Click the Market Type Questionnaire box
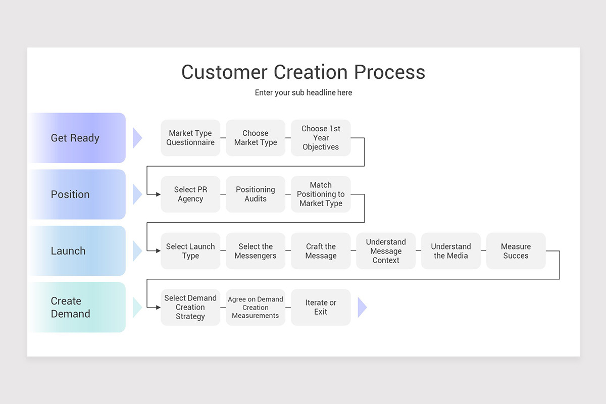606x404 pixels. tap(190, 138)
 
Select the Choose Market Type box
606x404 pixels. tap(256, 138)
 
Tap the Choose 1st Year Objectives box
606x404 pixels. tap(321, 138)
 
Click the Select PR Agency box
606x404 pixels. tap(190, 194)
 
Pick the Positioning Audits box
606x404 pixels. tap(256, 194)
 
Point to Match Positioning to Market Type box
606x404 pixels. tap(321, 194)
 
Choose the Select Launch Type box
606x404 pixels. tap(190, 251)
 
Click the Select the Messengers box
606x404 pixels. tap(256, 251)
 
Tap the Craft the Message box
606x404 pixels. tap(321, 251)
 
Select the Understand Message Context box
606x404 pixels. tap(386, 251)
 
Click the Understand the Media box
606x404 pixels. tap(450, 251)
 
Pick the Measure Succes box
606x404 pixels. tap(516, 251)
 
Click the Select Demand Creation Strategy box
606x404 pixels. tap(190, 307)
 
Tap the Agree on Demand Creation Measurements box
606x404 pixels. tap(256, 307)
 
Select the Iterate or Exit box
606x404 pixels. tap(321, 307)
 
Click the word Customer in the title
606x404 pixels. tap(225, 72)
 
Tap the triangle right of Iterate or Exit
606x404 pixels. tap(362, 307)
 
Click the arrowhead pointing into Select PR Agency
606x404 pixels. tap(158, 194)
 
